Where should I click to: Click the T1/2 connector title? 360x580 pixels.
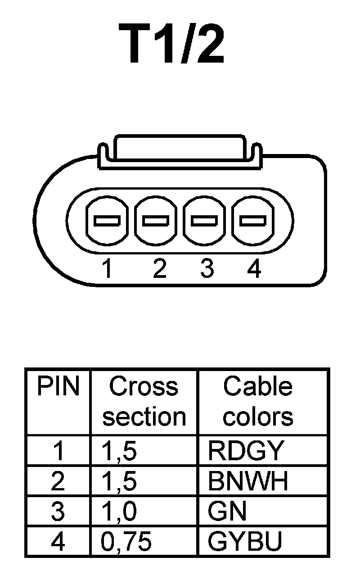[171, 45]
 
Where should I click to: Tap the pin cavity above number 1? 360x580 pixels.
[106, 221]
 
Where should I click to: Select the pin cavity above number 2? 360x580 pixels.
[155, 221]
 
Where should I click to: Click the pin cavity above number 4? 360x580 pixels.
[253, 221]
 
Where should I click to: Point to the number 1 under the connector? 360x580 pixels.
[107, 269]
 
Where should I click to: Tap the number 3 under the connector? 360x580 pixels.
[207, 269]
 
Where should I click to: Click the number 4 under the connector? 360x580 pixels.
[254, 269]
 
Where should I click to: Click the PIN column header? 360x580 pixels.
[58, 387]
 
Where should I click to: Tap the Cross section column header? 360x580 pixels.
[144, 402]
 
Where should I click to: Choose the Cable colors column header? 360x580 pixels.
[258, 402]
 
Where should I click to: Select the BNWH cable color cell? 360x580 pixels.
[248, 481]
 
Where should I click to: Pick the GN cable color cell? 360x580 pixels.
[227, 511]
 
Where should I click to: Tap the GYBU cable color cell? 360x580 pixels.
[245, 542]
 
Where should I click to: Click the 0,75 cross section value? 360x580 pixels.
[126, 542]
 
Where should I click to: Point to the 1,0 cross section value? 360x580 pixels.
[119, 512]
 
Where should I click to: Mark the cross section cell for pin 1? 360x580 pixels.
[119, 451]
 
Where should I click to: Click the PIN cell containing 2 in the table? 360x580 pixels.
[58, 481]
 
